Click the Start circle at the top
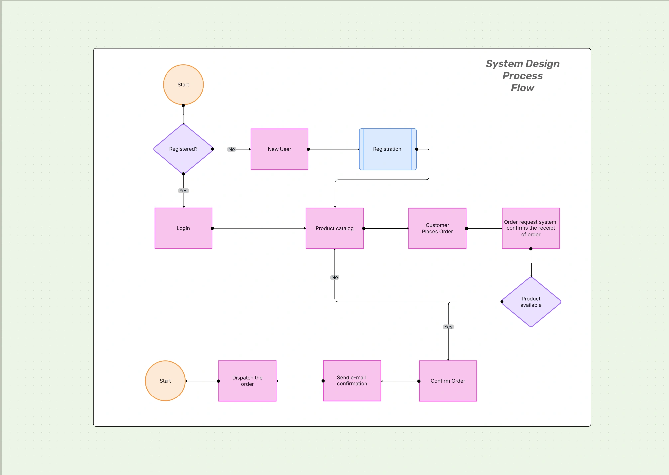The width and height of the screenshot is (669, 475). pos(183,85)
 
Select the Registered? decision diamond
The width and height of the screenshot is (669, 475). pos(183,149)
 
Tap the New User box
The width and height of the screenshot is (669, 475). pos(279,149)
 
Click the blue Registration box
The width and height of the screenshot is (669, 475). pos(388,149)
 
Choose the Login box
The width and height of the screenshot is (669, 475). pos(183,228)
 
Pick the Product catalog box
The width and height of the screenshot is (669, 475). pos(334,228)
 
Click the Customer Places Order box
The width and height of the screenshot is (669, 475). pos(437,228)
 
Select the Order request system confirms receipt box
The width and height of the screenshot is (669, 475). pos(531,228)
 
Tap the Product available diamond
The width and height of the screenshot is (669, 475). pos(531,302)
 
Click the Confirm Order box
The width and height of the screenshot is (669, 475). pos(448,381)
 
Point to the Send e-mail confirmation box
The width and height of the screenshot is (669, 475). pos(352,381)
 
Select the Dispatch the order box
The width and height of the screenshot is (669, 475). pos(247,381)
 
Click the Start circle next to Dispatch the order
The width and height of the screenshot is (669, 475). pos(165,381)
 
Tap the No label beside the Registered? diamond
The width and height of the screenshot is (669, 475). pos(231,149)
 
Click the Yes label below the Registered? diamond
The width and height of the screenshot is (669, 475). pos(183,191)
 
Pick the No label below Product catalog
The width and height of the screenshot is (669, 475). pos(335,277)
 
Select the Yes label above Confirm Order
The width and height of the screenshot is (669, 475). pos(448,327)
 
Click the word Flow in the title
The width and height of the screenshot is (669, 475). pos(522,88)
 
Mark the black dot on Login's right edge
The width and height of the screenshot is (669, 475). pos(212,228)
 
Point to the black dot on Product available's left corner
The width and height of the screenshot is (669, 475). pos(502,302)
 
